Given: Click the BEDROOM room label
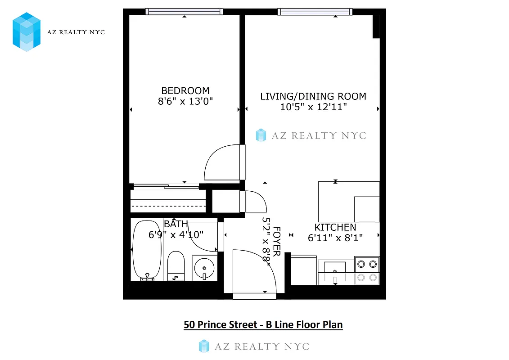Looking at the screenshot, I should coord(185,90).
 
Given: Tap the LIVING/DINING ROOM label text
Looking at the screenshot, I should coord(313,96).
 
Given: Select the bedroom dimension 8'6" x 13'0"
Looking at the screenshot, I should coord(185,102).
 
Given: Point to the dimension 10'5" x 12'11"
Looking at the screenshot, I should coord(313,107).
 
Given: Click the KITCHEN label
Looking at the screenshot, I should coord(335,227).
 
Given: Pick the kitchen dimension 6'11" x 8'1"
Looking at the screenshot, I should coord(335,238).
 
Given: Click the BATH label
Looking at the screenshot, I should coord(176,224).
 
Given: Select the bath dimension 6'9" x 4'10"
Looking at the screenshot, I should coord(176,234).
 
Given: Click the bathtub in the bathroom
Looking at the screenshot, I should coord(147,250).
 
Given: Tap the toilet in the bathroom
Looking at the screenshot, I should coord(176,265).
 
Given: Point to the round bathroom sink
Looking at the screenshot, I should coord(204,269).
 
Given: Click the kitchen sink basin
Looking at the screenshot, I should coord(335,267).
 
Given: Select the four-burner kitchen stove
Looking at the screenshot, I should coord(366,270).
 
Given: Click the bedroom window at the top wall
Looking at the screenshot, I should coord(185,12).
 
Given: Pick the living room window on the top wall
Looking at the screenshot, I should coord(315,12).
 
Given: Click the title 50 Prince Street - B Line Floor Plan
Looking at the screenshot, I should coord(263,324).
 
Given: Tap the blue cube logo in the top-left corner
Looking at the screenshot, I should coord(27,31).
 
